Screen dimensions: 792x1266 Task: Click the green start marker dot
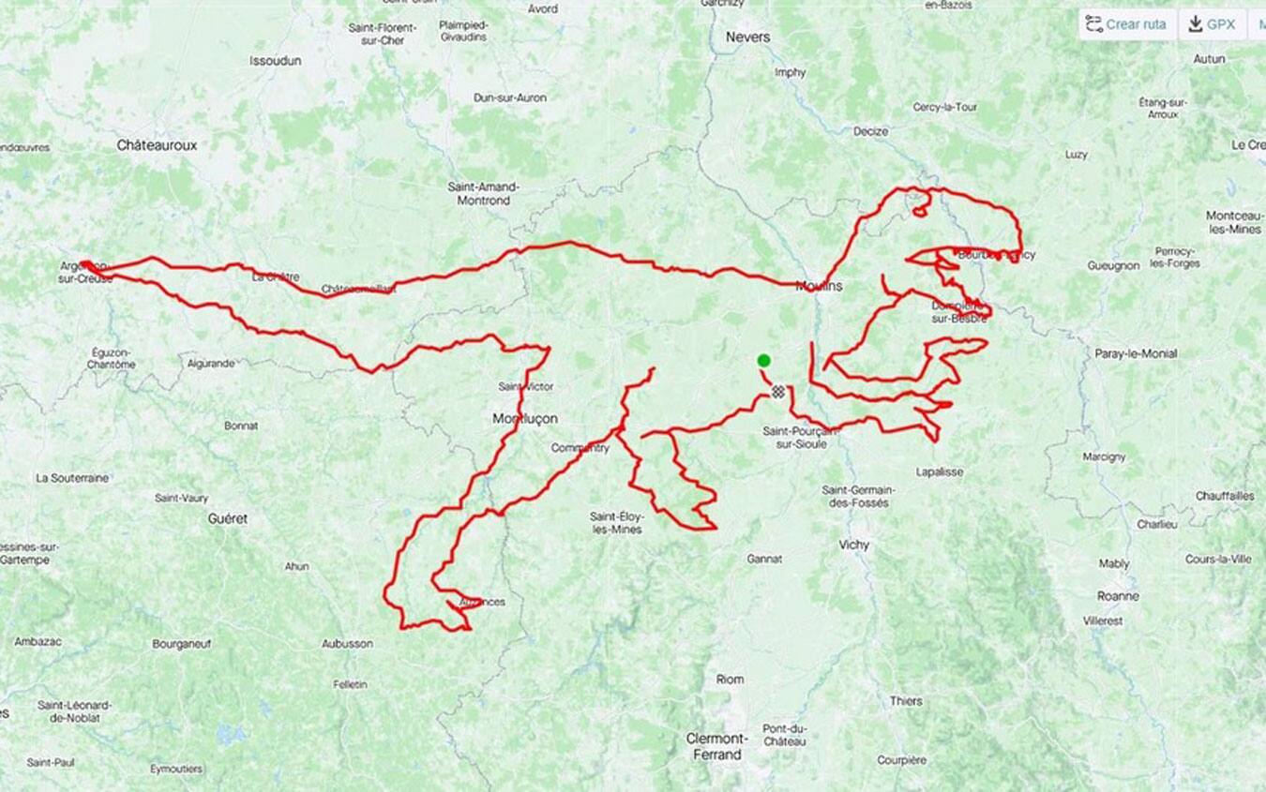coord(763,361)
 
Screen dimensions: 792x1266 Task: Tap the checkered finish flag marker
coord(777,392)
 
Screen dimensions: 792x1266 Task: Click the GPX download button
coord(1212,24)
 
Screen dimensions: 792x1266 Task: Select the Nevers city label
coord(747,37)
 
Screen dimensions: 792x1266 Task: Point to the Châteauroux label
coord(157,145)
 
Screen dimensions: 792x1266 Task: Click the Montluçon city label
coord(525,419)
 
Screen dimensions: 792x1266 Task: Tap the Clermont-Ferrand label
coord(717,746)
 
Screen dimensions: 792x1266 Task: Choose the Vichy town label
coord(853,545)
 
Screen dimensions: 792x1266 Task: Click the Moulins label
coord(819,286)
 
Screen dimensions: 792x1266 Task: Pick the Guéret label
coord(227,518)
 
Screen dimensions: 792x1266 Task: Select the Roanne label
coord(1118,596)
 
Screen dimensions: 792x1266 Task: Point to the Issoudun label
coord(275,61)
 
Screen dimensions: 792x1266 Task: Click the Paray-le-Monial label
coord(1136,353)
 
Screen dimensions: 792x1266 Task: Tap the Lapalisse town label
coord(939,471)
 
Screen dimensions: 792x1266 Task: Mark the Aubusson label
coord(347,644)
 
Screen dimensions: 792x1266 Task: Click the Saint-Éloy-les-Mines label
coord(616,523)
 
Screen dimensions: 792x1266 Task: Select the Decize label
coord(870,131)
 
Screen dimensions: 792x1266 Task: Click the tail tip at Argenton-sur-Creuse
coord(84,265)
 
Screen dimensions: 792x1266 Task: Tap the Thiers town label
coord(905,701)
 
